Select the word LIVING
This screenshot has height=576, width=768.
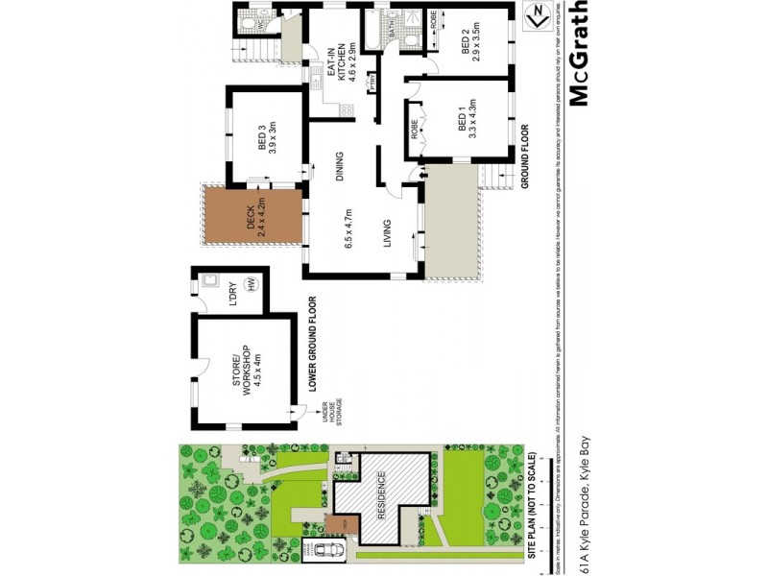click(x=387, y=234)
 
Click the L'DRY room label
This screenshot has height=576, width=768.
click(x=231, y=290)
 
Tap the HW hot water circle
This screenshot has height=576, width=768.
click(x=252, y=285)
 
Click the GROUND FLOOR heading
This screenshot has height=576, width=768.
click(x=524, y=154)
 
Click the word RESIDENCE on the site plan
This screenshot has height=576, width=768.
click(x=381, y=492)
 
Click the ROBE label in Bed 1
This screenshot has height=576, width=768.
click(x=414, y=129)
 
